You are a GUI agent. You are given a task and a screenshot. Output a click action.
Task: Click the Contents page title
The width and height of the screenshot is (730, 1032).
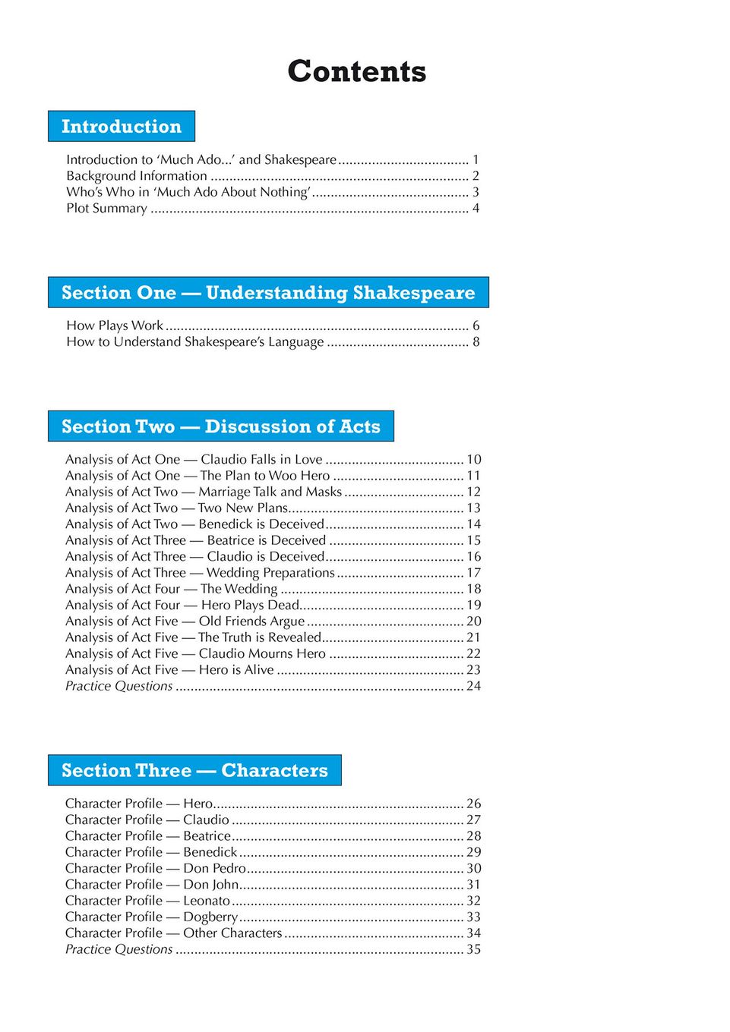click(x=356, y=71)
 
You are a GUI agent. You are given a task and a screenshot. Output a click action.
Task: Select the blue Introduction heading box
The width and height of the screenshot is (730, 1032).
click(x=122, y=127)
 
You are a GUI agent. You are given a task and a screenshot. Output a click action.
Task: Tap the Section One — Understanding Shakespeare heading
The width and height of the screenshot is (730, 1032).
click(x=268, y=293)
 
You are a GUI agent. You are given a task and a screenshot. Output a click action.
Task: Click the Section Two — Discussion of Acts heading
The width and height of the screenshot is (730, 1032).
click(x=221, y=426)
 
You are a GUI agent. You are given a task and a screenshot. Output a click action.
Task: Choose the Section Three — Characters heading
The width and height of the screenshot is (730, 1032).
click(x=194, y=770)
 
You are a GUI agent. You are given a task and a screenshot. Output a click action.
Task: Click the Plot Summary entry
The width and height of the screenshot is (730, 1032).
click(x=106, y=208)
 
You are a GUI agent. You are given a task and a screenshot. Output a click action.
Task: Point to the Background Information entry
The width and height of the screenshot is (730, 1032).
click(x=137, y=176)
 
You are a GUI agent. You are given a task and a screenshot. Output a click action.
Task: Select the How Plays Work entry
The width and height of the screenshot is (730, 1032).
click(x=115, y=326)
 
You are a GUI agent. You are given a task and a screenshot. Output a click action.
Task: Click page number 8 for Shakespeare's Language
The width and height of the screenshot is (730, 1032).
click(x=476, y=342)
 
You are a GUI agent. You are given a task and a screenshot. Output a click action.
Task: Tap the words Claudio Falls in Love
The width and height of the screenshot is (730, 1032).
click(x=261, y=460)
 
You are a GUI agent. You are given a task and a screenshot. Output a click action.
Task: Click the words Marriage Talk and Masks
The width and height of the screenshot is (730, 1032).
click(x=270, y=492)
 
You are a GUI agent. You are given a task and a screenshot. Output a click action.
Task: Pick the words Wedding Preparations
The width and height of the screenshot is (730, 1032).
click(x=270, y=573)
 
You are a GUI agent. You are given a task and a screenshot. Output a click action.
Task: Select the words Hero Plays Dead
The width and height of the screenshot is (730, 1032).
click(x=250, y=605)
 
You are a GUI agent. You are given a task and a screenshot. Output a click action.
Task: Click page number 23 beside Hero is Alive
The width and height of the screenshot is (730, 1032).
click(x=473, y=670)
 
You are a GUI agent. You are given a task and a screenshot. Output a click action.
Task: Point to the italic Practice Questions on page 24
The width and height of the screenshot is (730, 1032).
click(x=119, y=686)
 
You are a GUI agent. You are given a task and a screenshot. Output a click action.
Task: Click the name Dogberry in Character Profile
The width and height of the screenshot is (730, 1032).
click(x=210, y=917)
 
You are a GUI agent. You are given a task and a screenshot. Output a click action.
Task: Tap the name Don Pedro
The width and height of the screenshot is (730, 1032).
click(x=214, y=868)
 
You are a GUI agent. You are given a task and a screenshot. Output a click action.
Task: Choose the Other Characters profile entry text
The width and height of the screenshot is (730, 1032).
click(x=232, y=933)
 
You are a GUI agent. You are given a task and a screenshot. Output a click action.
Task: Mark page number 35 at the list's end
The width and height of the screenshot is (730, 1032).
click(x=473, y=949)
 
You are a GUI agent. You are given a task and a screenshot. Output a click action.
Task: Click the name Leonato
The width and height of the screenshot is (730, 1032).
click(x=207, y=901)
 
